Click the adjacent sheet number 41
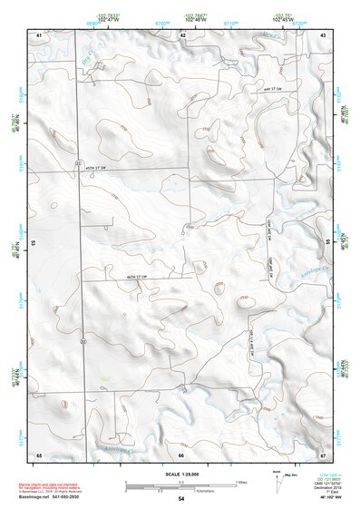pyautogui.click(x=39, y=34)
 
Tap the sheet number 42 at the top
pyautogui.click(x=183, y=34)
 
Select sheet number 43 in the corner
pyautogui.click(x=323, y=34)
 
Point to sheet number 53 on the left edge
pyautogui.click(x=34, y=242)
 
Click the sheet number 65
pyautogui.click(x=39, y=454)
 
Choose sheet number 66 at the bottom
pyautogui.click(x=181, y=454)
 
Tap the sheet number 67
pyautogui.click(x=323, y=454)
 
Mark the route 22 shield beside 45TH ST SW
pyautogui.click(x=79, y=162)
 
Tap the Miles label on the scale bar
pyautogui.click(x=241, y=481)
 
